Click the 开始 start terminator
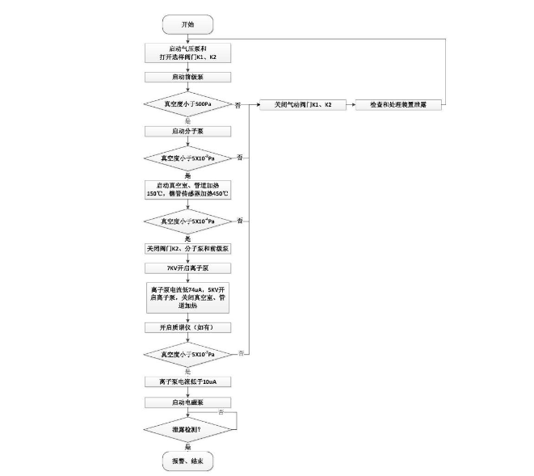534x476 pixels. click(x=187, y=24)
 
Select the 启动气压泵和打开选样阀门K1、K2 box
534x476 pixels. click(x=187, y=53)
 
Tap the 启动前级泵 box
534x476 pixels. click(x=187, y=78)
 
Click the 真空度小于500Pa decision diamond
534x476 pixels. click(x=187, y=104)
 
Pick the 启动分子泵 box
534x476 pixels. click(x=187, y=130)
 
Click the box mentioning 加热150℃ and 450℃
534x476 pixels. click(x=187, y=190)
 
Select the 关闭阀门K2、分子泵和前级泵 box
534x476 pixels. click(x=187, y=247)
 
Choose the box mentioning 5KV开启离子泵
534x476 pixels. click(x=187, y=296)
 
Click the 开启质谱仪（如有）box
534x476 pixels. click(x=187, y=327)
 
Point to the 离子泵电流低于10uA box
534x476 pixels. click(x=187, y=381)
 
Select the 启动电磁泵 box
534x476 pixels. click(x=187, y=402)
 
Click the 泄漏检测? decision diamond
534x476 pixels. click(x=187, y=428)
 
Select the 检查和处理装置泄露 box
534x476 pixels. click(x=399, y=105)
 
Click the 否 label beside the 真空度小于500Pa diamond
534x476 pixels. click(x=238, y=105)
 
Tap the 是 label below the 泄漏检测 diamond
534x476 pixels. click(x=187, y=445)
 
